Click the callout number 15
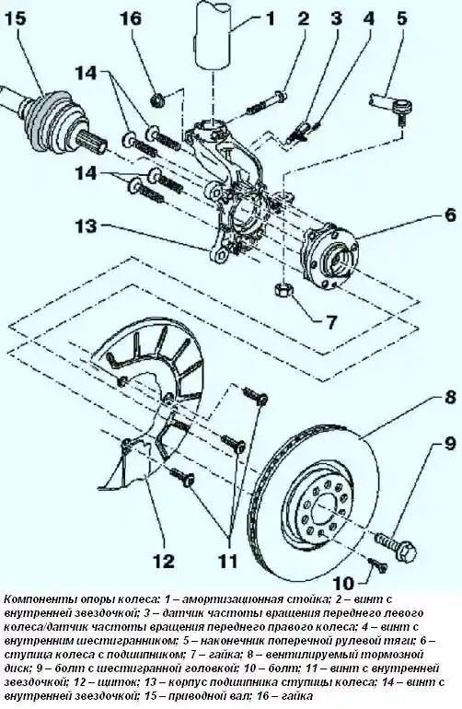17,19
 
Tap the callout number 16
131,19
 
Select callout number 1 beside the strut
270,19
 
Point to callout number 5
401,19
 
